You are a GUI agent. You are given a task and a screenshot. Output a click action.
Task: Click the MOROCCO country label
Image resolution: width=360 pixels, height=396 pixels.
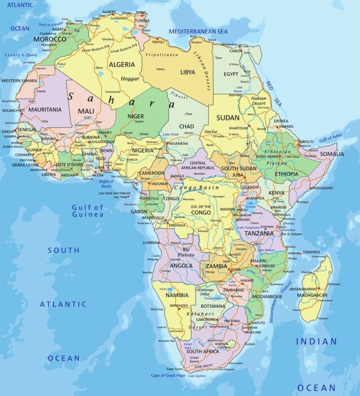pos(50,39)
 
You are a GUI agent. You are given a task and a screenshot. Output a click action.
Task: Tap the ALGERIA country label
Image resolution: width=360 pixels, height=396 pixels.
pos(122,64)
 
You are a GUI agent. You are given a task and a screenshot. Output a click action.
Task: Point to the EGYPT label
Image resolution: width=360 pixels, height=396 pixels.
pos(231,74)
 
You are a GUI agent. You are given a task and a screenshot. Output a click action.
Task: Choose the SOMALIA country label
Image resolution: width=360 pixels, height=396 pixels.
pos(332,154)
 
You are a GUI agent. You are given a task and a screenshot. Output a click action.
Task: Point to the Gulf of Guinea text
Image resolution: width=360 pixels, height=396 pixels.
pos(88,211)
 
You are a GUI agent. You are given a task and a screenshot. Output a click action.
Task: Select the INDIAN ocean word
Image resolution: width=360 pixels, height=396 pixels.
pos(316,342)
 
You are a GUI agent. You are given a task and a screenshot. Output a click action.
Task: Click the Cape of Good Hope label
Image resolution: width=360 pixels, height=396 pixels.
pos(168,376)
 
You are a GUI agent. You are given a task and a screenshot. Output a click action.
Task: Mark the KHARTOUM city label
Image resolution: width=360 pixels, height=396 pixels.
pos(238,128)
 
